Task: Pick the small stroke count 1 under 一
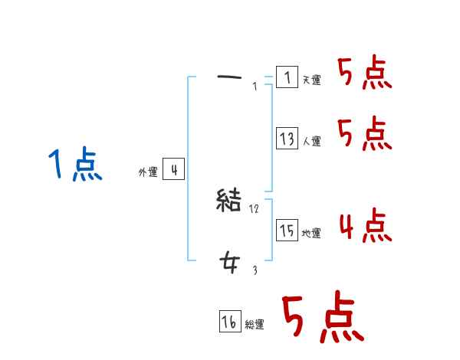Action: click(255, 86)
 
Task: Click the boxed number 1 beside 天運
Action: click(287, 77)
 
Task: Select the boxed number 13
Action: click(287, 139)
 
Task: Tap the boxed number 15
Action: click(287, 231)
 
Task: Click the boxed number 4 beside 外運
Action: click(173, 169)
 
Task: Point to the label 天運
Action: click(311, 80)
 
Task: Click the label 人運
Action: click(311, 141)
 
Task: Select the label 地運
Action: click(311, 233)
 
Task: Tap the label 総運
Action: click(255, 325)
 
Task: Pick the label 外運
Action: click(147, 172)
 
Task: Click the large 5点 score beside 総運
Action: click(322, 318)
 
